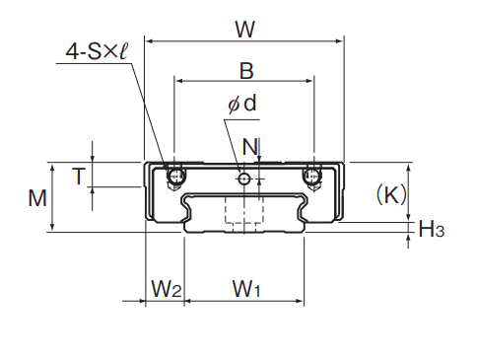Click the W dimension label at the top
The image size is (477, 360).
[x=245, y=30]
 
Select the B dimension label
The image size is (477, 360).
[x=246, y=71]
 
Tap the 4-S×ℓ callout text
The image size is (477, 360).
[x=98, y=51]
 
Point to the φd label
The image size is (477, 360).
[x=242, y=104]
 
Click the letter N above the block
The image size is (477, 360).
[x=250, y=147]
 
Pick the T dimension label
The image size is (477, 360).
[x=79, y=177]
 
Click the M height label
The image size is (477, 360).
[x=37, y=198]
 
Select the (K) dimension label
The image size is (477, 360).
[x=391, y=194]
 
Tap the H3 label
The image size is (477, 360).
[x=432, y=229]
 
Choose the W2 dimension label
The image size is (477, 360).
[x=166, y=288]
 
